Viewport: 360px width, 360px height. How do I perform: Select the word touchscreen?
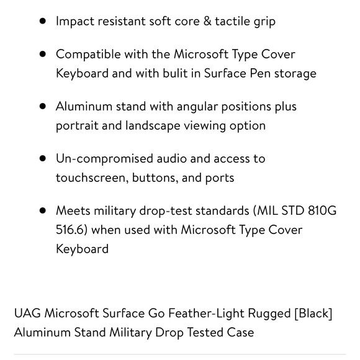click(92, 178)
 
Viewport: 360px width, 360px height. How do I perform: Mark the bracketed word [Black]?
click(313, 313)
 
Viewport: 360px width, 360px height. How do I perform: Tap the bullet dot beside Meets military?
click(43, 210)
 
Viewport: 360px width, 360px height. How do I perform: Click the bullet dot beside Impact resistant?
click(43, 21)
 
